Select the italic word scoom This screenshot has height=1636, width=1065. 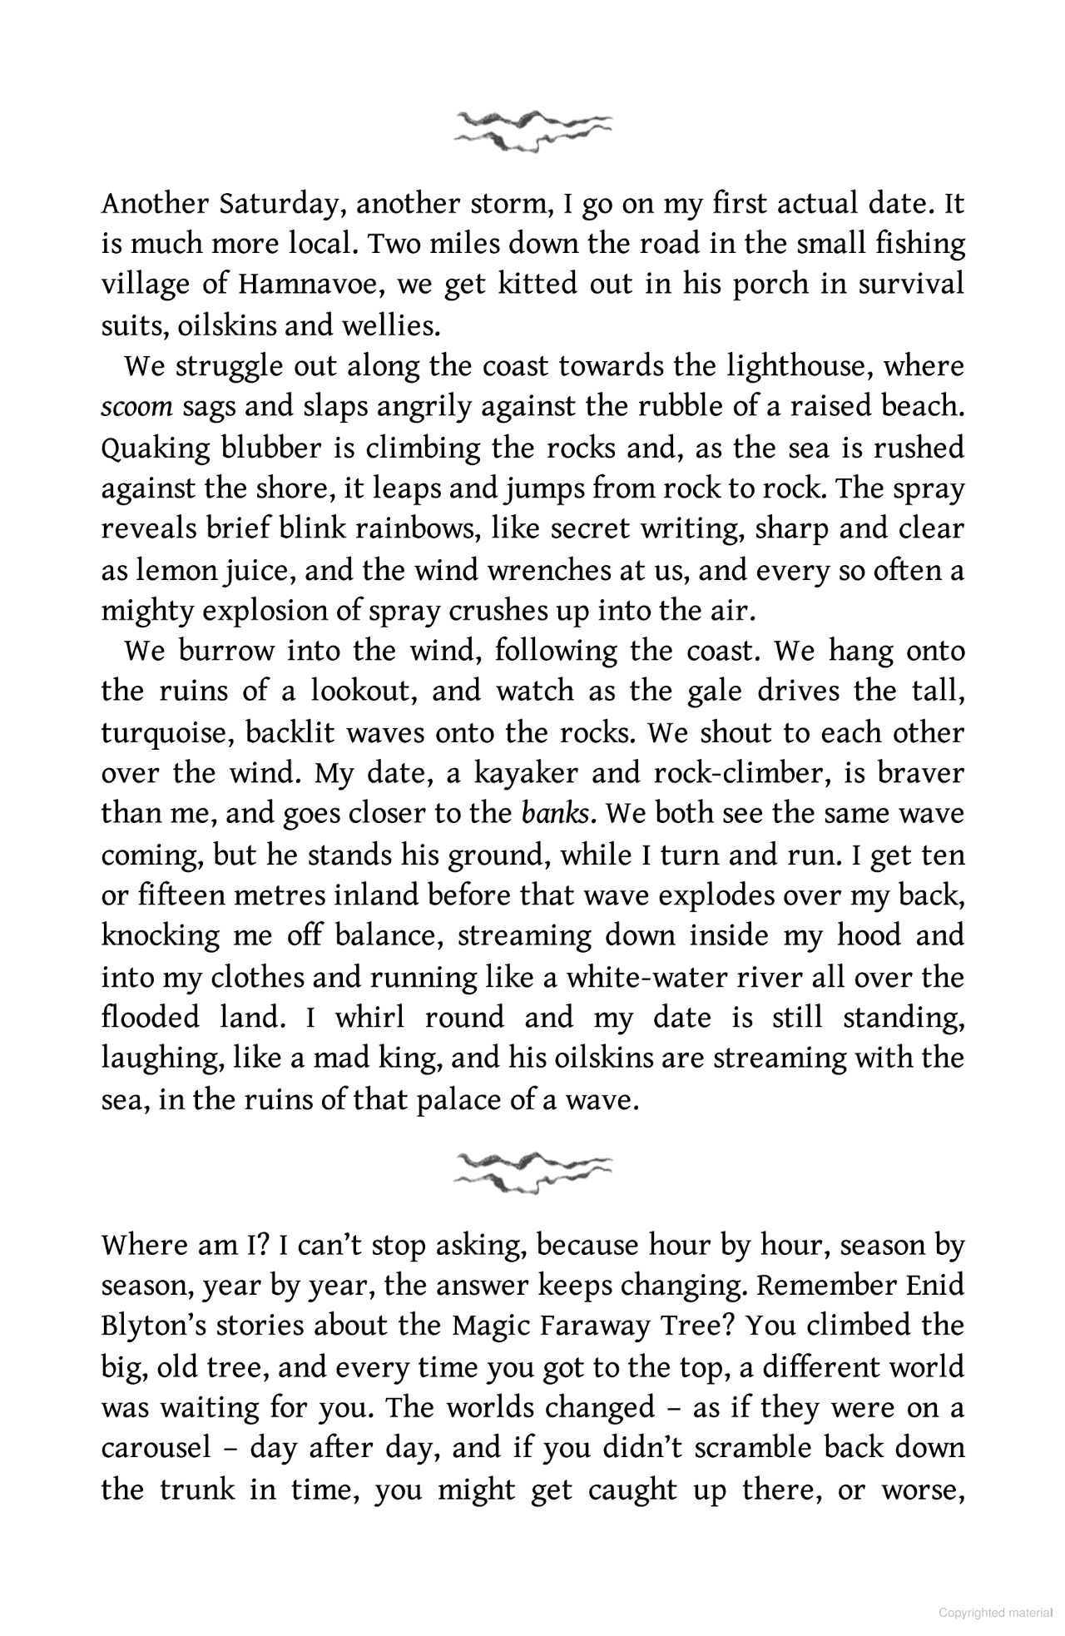point(136,407)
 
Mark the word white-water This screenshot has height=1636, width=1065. point(646,976)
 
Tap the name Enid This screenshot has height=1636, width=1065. point(934,1286)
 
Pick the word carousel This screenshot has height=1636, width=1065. point(156,1449)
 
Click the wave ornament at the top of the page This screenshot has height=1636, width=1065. point(532,130)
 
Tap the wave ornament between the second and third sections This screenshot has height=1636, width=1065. point(532,1172)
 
